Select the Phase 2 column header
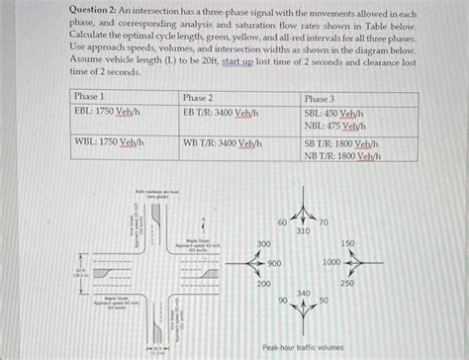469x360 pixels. [x=199, y=98]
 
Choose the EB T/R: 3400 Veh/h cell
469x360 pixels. [x=221, y=113]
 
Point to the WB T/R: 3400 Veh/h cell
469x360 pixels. [x=222, y=142]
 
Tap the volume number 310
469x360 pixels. [x=304, y=230]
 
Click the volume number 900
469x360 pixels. [x=274, y=263]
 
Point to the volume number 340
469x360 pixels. [x=304, y=293]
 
